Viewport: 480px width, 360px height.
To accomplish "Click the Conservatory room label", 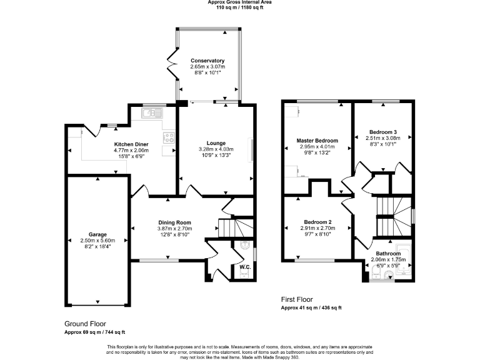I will click(x=207, y=61).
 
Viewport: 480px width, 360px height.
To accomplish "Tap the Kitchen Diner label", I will click(x=131, y=144).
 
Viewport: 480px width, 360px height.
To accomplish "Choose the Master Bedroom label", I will click(x=317, y=141).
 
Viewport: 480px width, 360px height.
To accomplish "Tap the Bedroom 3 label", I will click(x=382, y=132).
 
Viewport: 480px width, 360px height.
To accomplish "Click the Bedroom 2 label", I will click(x=317, y=222).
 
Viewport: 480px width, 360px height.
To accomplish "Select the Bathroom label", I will click(x=387, y=253).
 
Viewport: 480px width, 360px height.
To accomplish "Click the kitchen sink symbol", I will click(x=151, y=113).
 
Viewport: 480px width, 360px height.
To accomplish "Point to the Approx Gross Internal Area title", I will click(x=240, y=2).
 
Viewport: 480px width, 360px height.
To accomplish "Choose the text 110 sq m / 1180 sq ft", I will click(x=240, y=7).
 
